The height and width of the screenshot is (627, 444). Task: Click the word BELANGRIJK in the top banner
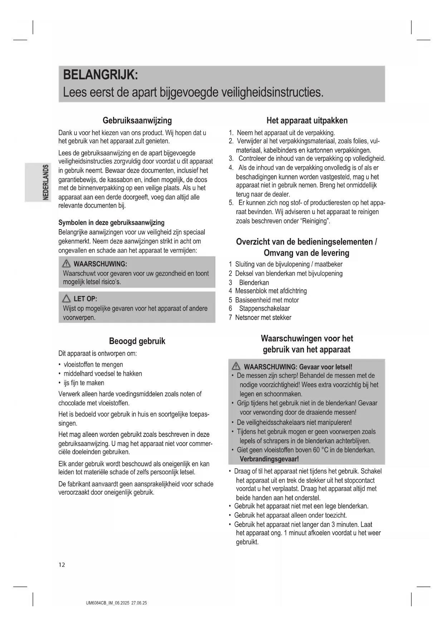(100, 75)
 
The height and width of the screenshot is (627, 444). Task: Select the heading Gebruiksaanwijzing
(137, 120)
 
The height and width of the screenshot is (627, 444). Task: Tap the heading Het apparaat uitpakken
(307, 120)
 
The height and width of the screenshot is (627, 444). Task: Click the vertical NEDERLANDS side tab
(45, 182)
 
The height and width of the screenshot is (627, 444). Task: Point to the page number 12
(62, 565)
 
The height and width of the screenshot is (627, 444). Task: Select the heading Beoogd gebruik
(137, 341)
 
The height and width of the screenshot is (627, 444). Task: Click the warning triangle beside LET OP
(66, 299)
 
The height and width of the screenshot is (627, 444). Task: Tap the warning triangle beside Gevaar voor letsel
(236, 366)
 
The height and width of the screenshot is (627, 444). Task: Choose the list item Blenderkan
(254, 282)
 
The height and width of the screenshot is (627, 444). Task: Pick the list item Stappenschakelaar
(264, 308)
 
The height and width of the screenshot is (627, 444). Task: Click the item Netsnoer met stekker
(263, 317)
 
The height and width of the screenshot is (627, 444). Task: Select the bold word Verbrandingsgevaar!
(269, 459)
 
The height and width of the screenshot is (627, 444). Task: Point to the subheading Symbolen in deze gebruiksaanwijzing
(111, 223)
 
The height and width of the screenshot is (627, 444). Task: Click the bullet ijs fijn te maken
(84, 383)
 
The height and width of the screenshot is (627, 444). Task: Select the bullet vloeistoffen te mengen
(93, 365)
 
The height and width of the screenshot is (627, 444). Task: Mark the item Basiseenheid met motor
(267, 300)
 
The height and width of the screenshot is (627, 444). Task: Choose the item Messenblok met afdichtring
(271, 291)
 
